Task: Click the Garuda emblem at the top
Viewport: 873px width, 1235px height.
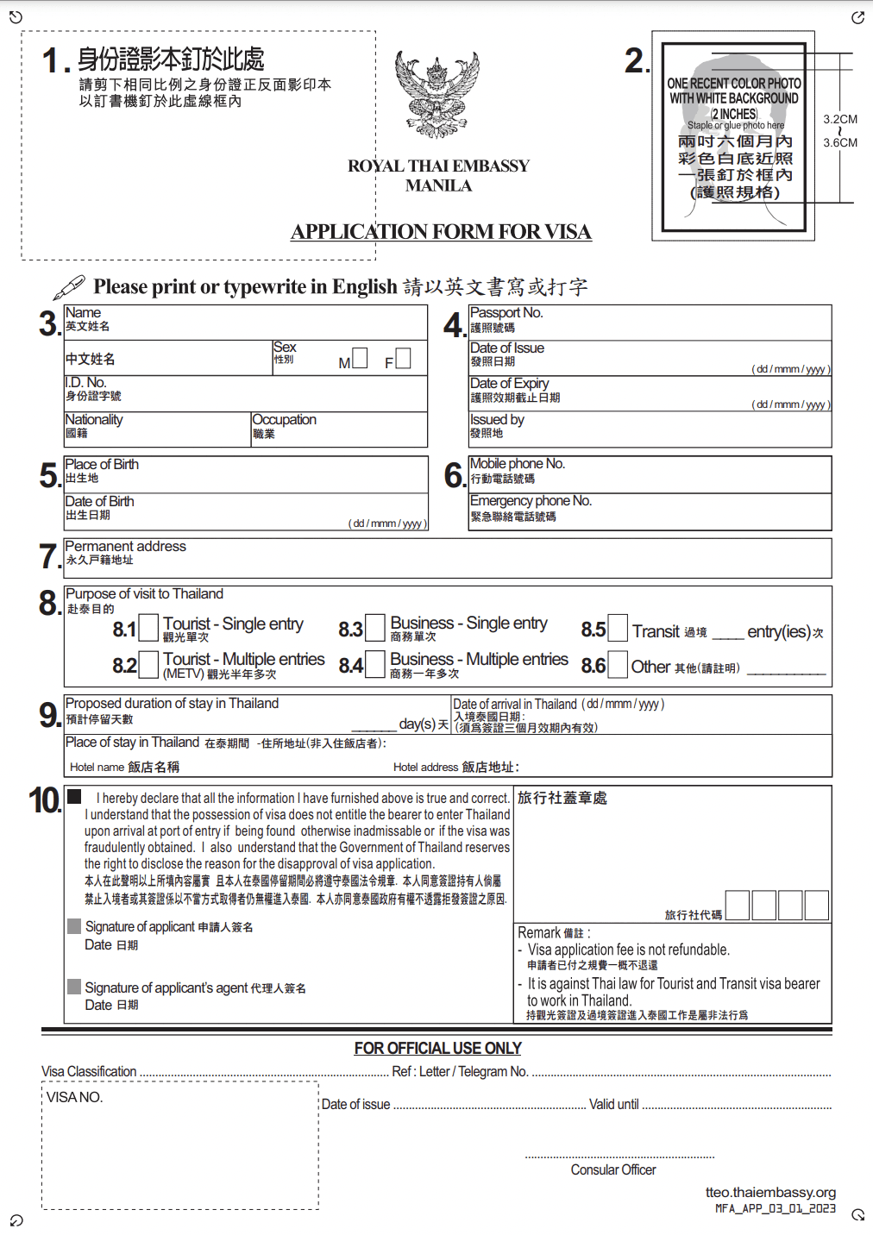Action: coord(436,94)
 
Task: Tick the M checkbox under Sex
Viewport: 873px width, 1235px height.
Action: coord(360,358)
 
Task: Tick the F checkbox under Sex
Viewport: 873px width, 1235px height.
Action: coord(403,358)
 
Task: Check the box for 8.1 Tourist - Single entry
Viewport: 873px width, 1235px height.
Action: coord(148,627)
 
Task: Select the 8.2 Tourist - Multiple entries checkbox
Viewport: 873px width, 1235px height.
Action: coord(148,663)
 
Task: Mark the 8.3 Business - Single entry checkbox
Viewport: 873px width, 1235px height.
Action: coord(375,627)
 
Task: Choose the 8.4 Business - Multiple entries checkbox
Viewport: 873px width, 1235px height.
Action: coord(375,663)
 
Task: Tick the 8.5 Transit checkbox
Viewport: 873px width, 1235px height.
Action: coord(618,627)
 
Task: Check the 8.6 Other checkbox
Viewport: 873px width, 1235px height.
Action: coord(618,663)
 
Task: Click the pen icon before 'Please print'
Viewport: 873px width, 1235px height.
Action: coord(69,286)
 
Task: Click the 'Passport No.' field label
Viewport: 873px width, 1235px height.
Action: coord(506,312)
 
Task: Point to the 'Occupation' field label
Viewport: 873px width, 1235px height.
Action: coord(285,419)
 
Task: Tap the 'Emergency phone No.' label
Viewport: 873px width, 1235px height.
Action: coord(531,500)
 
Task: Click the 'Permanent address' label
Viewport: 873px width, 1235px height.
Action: coord(125,546)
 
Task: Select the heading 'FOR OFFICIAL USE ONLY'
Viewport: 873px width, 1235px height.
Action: coord(437,1048)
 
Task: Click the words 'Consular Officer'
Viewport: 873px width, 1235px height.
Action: coord(613,1169)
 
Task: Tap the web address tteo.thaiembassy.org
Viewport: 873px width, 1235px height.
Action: coord(770,1192)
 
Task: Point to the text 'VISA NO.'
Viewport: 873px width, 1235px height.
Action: coord(74,1097)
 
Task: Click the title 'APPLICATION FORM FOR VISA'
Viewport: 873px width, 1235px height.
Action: coord(441,231)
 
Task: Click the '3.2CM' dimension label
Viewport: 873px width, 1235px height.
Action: coord(840,119)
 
